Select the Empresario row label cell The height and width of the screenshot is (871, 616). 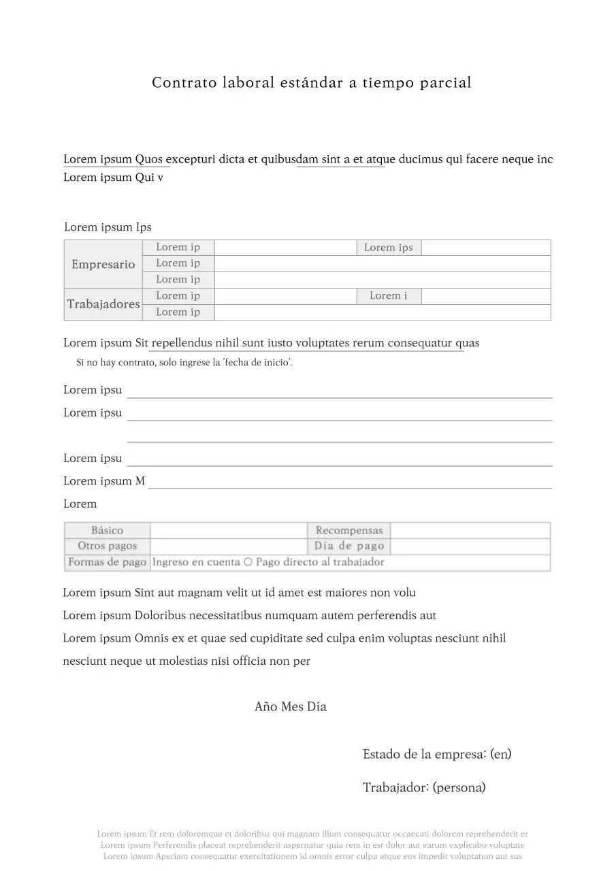103,264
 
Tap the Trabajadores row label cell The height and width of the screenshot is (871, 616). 103,304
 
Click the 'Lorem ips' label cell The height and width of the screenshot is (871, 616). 389,248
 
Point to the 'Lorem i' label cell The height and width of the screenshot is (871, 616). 389,296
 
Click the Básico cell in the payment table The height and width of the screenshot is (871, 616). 108,530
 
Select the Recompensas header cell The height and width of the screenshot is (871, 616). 349,530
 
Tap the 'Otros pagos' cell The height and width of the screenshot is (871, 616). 108,546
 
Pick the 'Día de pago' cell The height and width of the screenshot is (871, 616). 349,546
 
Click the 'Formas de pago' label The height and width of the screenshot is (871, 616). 108,562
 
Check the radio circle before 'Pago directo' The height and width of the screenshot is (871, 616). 248,562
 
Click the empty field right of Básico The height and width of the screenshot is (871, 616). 229,530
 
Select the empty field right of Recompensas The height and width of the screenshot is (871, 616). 470,530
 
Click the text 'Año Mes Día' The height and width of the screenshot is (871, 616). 291,707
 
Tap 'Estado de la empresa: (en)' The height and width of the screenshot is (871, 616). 437,754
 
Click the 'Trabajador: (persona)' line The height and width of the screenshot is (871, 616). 424,788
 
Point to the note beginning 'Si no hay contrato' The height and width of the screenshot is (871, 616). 184,363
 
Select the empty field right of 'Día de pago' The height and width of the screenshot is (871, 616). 470,546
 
